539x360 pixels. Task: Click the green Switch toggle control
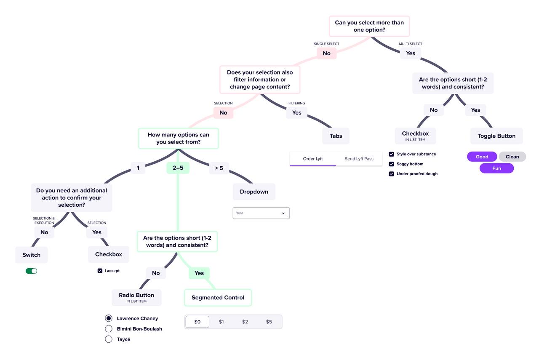coord(32,271)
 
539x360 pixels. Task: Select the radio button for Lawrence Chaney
coord(109,318)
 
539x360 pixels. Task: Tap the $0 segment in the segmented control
coord(197,322)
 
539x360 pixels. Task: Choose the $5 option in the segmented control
coord(269,322)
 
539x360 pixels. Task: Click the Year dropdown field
coord(261,213)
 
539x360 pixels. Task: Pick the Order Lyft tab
coord(313,159)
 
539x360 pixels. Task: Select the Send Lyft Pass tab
coord(359,159)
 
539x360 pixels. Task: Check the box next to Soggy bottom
coord(392,164)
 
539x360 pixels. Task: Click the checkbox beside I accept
coord(100,271)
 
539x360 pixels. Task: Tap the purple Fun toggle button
coord(496,168)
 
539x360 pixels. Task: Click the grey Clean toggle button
coord(512,157)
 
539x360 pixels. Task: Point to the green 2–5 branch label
coord(178,168)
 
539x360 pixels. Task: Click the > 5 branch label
coord(219,168)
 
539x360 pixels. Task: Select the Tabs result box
coord(336,136)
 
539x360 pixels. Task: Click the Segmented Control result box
coord(218,298)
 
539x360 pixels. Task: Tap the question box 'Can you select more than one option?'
coord(369,26)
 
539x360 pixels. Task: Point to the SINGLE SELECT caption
coord(326,44)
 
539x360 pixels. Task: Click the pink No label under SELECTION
coord(223,112)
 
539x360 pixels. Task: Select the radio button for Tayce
coord(109,339)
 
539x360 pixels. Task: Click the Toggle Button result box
coord(496,136)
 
